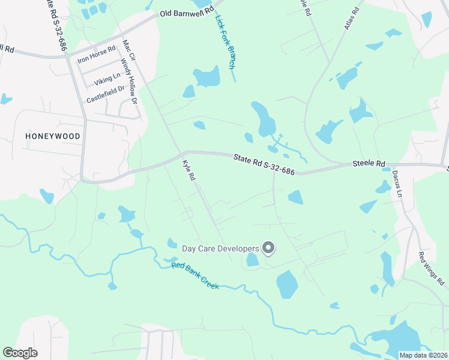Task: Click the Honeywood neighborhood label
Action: click(53, 136)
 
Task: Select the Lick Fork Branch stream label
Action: click(224, 42)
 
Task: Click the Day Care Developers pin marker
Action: click(269, 248)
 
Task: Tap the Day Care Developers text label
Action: click(220, 248)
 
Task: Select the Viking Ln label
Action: click(107, 76)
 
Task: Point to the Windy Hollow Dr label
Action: click(129, 81)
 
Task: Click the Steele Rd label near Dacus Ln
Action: click(368, 163)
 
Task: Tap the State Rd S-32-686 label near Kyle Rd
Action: click(264, 163)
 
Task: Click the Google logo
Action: click(20, 353)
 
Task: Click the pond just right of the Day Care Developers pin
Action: click(287, 285)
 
